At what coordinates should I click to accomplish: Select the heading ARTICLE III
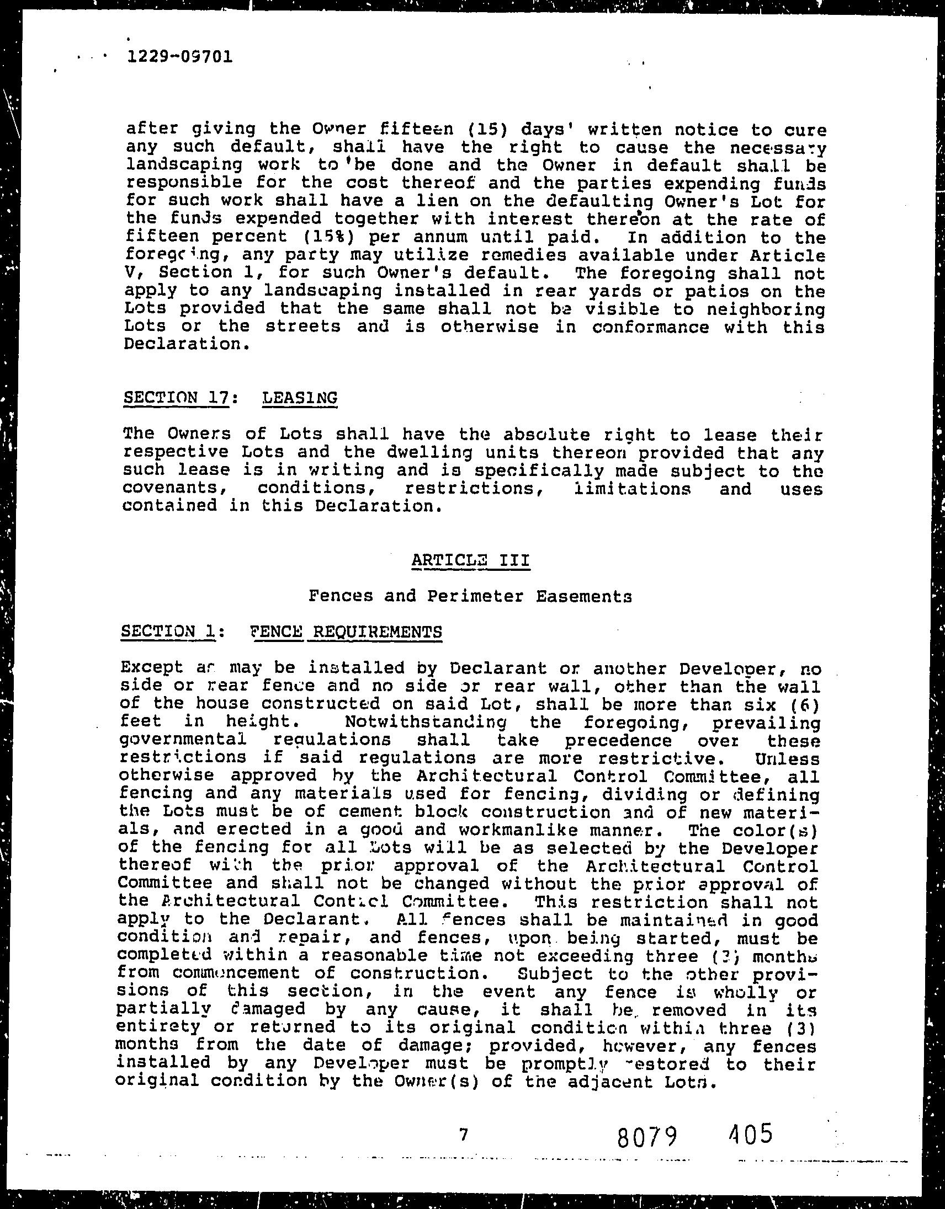[470, 560]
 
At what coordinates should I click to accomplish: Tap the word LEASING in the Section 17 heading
[299, 398]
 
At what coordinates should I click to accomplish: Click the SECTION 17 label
[176, 398]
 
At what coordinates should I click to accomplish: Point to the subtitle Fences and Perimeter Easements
[470, 596]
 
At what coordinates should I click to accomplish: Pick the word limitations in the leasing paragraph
[632, 489]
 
